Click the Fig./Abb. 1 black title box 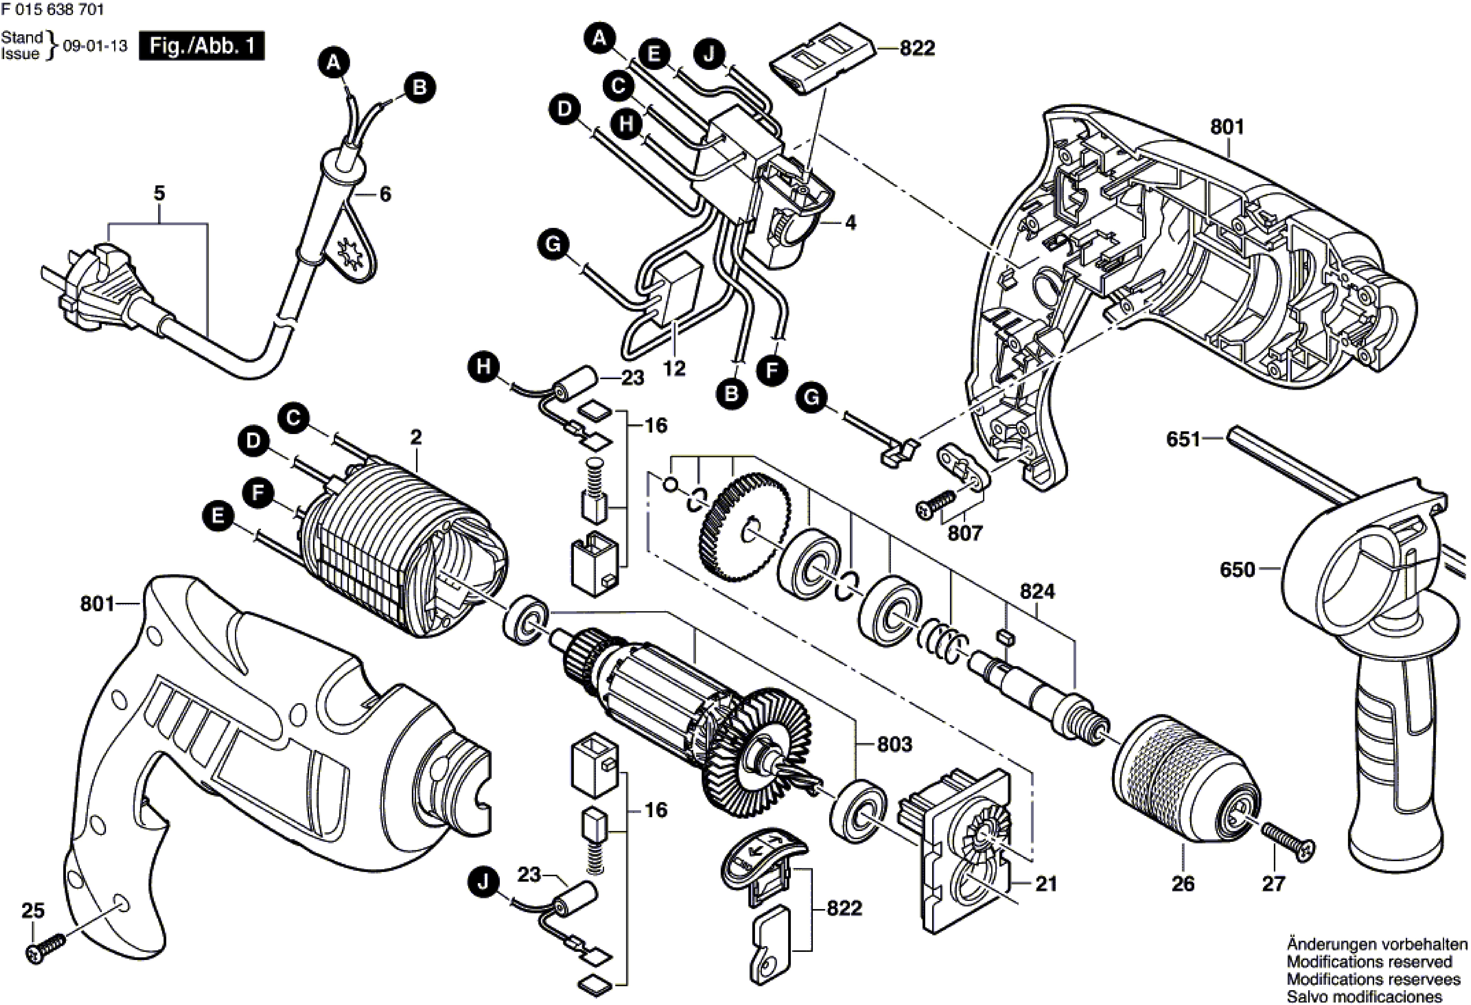click(x=201, y=46)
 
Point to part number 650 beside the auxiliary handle click(x=1237, y=569)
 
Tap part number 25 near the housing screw click(x=33, y=911)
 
